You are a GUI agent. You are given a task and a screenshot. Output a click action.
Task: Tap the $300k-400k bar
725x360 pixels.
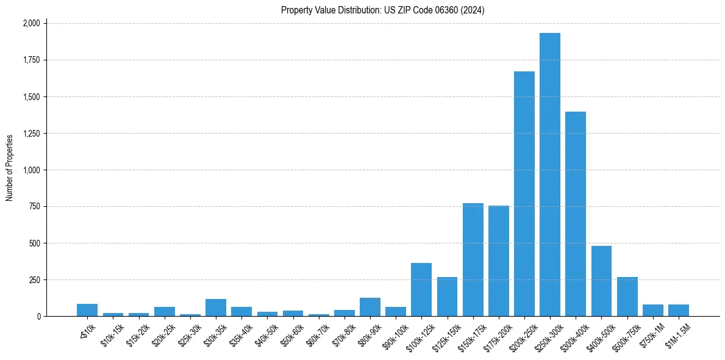(x=576, y=214)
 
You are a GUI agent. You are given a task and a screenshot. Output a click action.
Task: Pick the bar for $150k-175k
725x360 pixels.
(x=473, y=260)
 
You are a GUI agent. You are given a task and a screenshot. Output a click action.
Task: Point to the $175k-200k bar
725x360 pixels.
(x=499, y=261)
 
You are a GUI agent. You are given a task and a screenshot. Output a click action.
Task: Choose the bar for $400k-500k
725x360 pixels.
(x=601, y=281)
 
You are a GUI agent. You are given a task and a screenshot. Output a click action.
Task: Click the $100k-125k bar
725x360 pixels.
(x=421, y=290)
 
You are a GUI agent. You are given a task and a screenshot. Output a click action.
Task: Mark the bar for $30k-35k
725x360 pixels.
(x=216, y=308)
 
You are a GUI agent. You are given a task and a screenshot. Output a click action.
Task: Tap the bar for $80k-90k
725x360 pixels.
(x=370, y=307)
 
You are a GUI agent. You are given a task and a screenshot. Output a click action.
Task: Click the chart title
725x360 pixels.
(x=382, y=10)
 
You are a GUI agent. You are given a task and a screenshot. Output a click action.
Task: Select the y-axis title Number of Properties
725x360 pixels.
(x=10, y=167)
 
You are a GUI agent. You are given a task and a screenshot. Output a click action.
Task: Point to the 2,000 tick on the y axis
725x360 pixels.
(x=31, y=23)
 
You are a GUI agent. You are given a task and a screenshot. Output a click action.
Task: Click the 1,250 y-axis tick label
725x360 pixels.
(x=31, y=134)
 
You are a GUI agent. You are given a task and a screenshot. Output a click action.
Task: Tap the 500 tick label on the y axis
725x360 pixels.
(x=34, y=243)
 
